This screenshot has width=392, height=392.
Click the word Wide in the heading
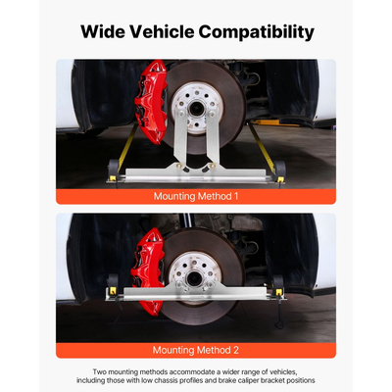point(102,31)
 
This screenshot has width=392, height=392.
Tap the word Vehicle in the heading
point(162,31)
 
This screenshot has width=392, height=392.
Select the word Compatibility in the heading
point(257,32)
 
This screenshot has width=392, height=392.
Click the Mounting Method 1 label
point(196,196)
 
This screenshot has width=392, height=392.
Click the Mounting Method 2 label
point(196,350)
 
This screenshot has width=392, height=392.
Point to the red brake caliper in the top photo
point(151,101)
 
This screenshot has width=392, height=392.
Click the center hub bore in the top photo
point(197,108)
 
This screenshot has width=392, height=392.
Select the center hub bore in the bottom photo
point(195,278)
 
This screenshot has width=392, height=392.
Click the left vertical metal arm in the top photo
point(180,137)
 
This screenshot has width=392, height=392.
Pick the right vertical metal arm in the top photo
point(213,137)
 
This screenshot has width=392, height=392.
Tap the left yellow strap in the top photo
point(127,148)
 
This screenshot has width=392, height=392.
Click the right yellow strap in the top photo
point(262,146)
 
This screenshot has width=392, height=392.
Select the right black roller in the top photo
point(280,170)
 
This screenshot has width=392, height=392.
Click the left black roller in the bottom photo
point(113,281)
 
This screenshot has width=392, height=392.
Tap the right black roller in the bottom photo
point(278,283)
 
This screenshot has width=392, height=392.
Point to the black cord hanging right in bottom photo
point(278,313)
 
